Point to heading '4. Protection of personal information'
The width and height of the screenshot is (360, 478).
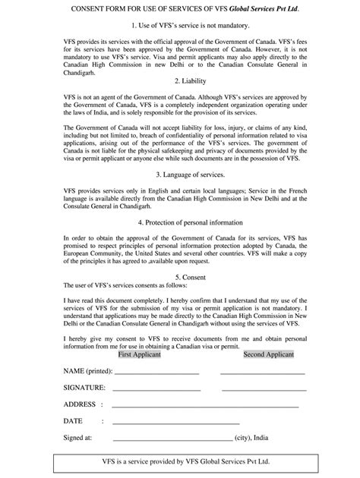179,223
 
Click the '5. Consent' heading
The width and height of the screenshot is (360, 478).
179,278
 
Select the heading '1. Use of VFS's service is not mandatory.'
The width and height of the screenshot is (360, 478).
179,27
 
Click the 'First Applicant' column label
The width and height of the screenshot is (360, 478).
139,354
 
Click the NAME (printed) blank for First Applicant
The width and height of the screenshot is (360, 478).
156,373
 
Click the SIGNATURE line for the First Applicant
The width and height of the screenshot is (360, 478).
156,389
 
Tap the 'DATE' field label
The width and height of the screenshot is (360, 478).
74,421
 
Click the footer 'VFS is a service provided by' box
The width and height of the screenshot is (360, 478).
179,461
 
